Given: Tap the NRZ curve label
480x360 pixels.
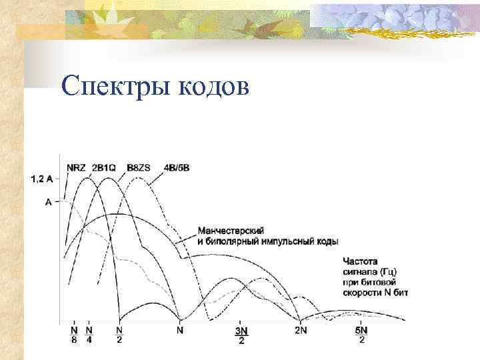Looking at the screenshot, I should [x=76, y=167].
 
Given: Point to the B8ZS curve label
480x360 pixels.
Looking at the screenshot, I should [x=139, y=167].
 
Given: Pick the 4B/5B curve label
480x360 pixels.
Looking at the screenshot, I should [x=176, y=167].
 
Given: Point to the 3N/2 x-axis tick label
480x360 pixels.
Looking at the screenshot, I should [x=241, y=335].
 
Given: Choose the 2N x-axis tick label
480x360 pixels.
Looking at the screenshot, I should [x=301, y=329].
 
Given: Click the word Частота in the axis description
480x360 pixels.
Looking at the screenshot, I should [x=360, y=261].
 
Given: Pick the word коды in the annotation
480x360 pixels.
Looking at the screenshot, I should [x=327, y=241].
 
